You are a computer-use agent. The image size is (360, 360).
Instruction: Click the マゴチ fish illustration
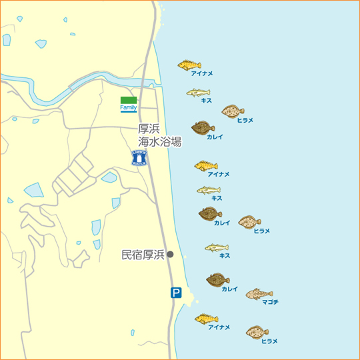coord(259,293)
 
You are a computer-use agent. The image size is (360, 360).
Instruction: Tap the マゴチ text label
coord(271,302)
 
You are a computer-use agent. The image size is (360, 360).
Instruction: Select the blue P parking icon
coord(175,292)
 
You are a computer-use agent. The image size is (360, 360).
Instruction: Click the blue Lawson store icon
coord(139,157)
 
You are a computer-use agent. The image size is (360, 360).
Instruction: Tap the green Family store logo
coord(129,104)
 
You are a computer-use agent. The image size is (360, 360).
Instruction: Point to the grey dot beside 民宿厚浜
coord(170,254)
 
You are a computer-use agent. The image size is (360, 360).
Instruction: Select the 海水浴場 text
coord(160,142)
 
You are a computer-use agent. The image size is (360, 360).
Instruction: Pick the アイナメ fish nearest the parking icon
coord(206,319)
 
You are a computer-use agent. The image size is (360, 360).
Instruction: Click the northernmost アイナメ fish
coord(189,65)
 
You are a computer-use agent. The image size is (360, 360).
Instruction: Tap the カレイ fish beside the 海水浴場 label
coord(203,127)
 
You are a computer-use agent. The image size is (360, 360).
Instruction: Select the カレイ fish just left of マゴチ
coord(217,279)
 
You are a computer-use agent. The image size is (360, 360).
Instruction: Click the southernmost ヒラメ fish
coord(257,331)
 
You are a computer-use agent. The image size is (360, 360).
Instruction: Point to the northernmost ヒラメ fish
coord(233,111)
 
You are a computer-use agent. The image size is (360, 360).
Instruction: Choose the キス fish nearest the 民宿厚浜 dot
coord(217,247)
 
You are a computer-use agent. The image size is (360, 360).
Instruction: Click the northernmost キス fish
coord(198,92)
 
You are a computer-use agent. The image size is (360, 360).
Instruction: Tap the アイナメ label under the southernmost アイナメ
coord(219,327)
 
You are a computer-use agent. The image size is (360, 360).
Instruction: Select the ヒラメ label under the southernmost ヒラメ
coord(269,341)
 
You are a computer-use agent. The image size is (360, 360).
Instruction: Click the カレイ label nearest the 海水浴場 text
coord(215,137)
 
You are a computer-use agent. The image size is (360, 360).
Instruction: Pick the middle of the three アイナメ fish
coord(205,165)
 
